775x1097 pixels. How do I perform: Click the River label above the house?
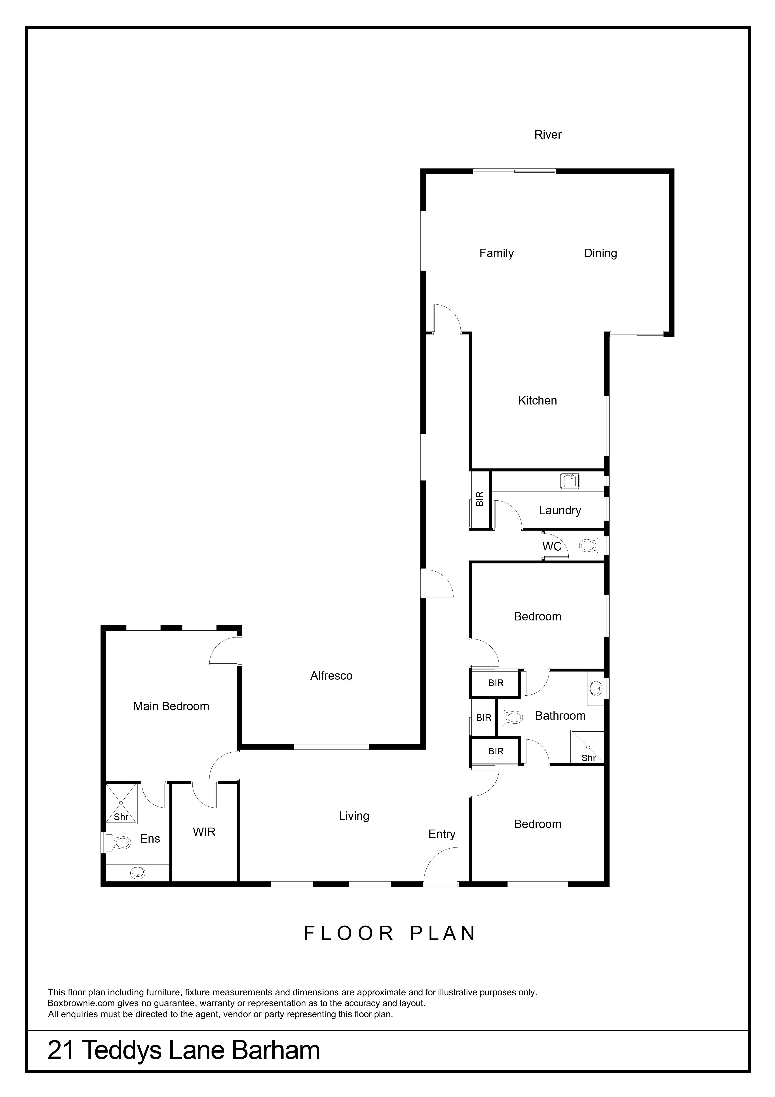(x=548, y=135)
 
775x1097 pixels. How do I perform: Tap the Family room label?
(x=497, y=253)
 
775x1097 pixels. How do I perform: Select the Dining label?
(x=600, y=253)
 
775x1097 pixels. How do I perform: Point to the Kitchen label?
(x=538, y=400)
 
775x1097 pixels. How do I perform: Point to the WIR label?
(x=204, y=832)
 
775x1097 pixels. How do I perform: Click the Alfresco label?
(x=331, y=675)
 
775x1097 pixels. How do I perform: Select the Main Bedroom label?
(x=171, y=706)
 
